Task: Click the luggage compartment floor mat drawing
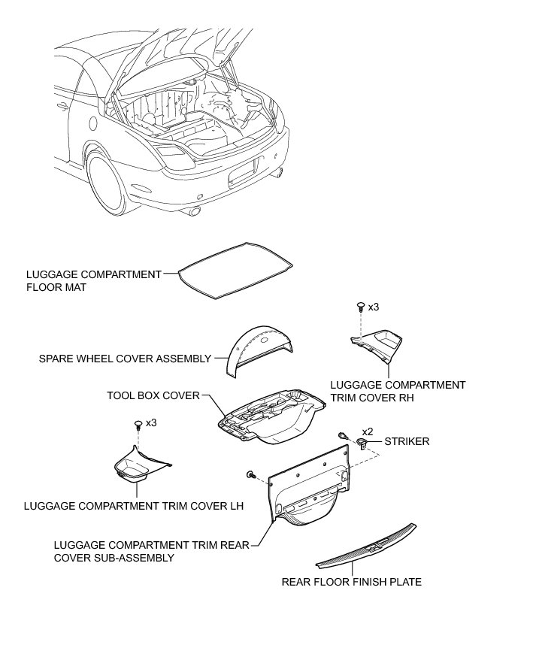click(x=236, y=270)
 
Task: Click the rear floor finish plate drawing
click(x=366, y=549)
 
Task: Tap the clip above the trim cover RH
click(x=360, y=307)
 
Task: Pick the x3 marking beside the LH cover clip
click(x=151, y=423)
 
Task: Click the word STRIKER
click(x=407, y=442)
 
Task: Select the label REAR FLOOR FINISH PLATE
click(x=351, y=581)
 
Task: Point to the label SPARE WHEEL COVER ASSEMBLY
click(x=125, y=359)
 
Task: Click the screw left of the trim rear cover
click(x=250, y=475)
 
